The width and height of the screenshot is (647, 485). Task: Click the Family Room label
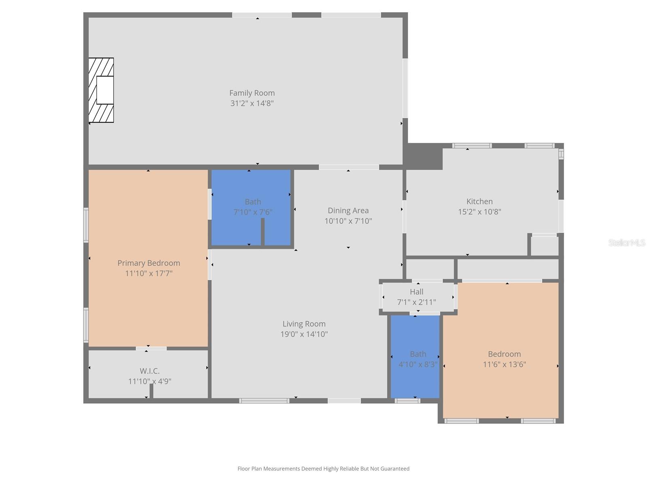click(252, 93)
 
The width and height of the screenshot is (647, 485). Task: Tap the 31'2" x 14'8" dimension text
click(252, 103)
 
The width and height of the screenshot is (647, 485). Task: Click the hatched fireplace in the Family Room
click(101, 90)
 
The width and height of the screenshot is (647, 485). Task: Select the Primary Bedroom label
click(148, 263)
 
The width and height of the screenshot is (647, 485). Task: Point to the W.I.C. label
click(150, 371)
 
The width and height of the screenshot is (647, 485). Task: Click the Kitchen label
click(480, 201)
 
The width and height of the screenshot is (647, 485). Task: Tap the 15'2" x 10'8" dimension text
click(480, 212)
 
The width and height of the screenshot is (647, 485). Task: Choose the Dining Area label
click(348, 211)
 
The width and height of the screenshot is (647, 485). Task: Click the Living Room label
click(304, 324)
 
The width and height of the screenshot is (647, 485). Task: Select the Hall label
click(417, 292)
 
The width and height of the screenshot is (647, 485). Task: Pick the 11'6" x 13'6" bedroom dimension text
click(504, 365)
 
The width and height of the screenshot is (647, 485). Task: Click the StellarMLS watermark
click(627, 242)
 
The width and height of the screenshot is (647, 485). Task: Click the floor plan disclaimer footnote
click(323, 469)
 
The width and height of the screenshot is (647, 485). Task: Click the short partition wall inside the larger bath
click(262, 232)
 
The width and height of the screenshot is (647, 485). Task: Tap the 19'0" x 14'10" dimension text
click(304, 334)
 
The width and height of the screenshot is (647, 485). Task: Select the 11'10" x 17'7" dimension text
click(148, 274)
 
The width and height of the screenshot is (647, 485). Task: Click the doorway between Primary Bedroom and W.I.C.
click(151, 348)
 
